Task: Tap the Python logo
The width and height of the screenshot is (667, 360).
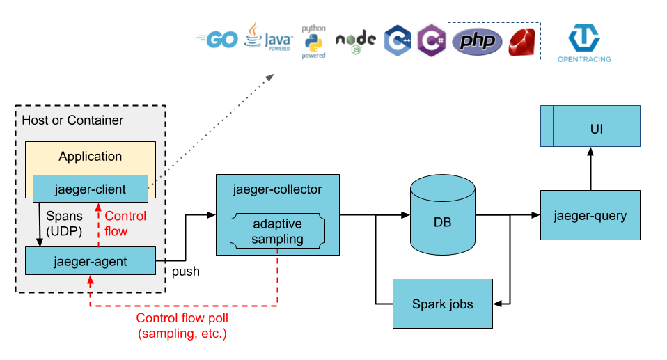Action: pos(313,42)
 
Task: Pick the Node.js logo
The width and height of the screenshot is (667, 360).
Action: pos(356,42)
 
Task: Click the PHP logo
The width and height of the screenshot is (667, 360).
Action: pos(477,42)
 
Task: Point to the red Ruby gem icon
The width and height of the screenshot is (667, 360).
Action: pos(524,42)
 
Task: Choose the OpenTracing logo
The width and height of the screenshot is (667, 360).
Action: pos(584,43)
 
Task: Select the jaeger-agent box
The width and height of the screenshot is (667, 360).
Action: pos(90,261)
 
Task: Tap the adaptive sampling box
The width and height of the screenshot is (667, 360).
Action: pos(278,232)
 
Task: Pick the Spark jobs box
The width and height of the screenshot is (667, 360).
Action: pos(443,304)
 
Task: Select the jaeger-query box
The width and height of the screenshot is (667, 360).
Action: pos(590,215)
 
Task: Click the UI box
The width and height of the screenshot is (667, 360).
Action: pos(590,130)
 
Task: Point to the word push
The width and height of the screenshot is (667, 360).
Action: pos(186,272)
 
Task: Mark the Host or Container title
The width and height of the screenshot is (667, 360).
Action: pos(73,120)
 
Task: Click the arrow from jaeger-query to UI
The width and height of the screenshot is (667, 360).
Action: pos(590,169)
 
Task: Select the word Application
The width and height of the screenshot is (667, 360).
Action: pos(90,157)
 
